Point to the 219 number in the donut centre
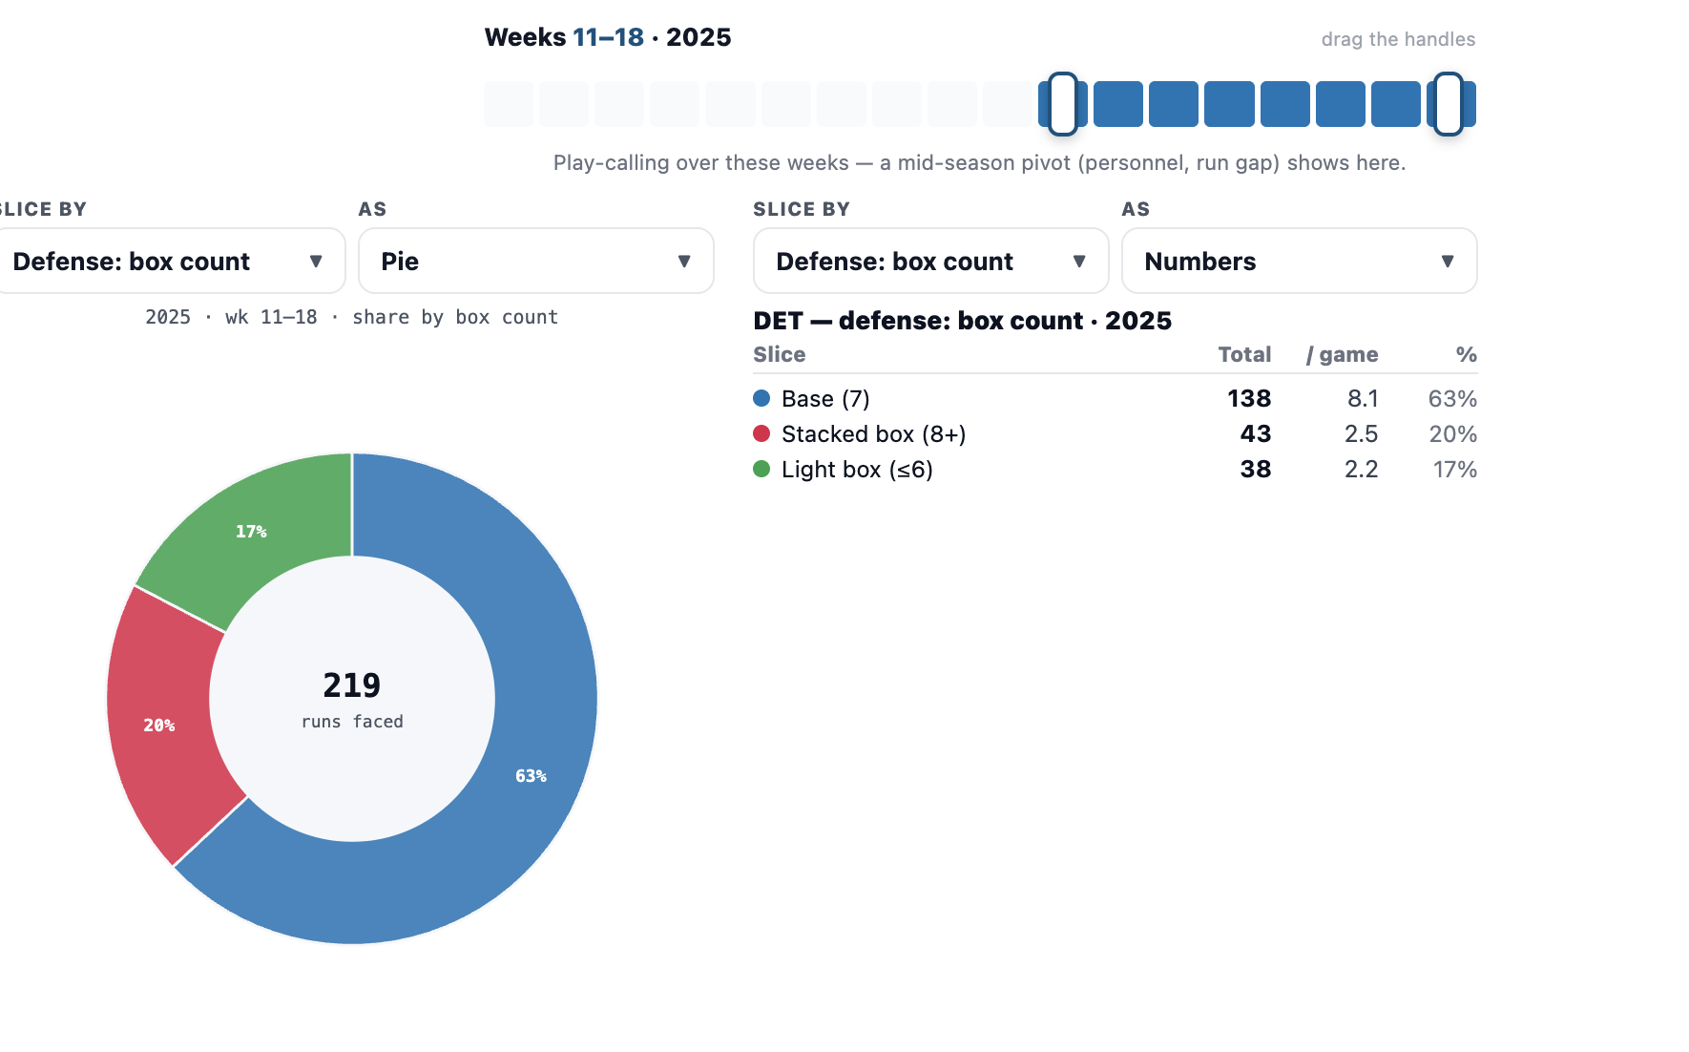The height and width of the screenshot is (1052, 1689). pyautogui.click(x=352, y=684)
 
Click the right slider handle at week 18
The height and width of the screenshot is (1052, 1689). pyautogui.click(x=1448, y=104)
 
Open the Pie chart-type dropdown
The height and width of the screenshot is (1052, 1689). pyautogui.click(x=535, y=261)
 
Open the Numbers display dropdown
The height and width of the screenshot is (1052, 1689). pyautogui.click(x=1299, y=261)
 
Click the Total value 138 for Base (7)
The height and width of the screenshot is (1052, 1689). pyautogui.click(x=1249, y=398)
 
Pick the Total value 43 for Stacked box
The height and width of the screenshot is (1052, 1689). pyautogui.click(x=1256, y=433)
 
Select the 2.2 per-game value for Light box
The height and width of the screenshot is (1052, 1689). pyautogui.click(x=1361, y=469)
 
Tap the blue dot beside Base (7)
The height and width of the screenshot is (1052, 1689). pyautogui.click(x=761, y=398)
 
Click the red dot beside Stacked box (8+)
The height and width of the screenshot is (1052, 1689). pyautogui.click(x=761, y=433)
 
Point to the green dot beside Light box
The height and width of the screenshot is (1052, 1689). pyautogui.click(x=761, y=469)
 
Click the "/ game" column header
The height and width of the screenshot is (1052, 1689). pyautogui.click(x=1342, y=354)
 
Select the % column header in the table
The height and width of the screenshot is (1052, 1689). pyautogui.click(x=1467, y=354)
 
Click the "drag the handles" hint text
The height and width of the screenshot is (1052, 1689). pyautogui.click(x=1398, y=39)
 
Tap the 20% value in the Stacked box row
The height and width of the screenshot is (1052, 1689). pyautogui.click(x=1452, y=433)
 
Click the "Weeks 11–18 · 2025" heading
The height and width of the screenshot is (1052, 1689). pyautogui.click(x=608, y=37)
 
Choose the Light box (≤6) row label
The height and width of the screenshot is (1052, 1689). pyautogui.click(x=857, y=469)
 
